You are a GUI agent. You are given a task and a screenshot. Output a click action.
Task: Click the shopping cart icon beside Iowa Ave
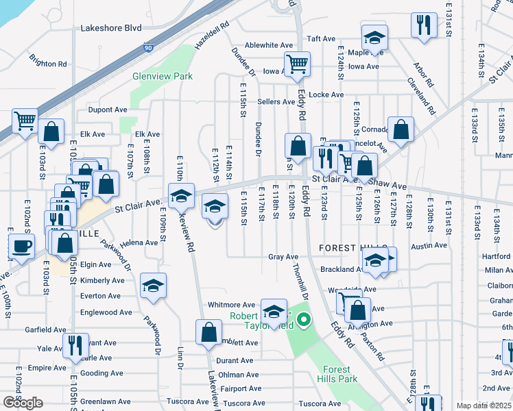click(298, 64)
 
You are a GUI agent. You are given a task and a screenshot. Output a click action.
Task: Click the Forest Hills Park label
click(337, 373)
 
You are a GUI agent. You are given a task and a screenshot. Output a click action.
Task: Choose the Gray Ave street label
click(283, 257)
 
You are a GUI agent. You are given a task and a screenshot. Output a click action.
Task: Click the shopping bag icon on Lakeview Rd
click(208, 332)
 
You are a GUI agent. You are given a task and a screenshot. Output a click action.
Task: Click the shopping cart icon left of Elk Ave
click(25, 121)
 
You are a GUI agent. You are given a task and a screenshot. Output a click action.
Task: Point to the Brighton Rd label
click(48, 61)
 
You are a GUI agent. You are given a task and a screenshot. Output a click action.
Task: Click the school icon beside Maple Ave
click(374, 37)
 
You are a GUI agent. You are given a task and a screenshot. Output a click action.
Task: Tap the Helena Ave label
click(139, 243)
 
